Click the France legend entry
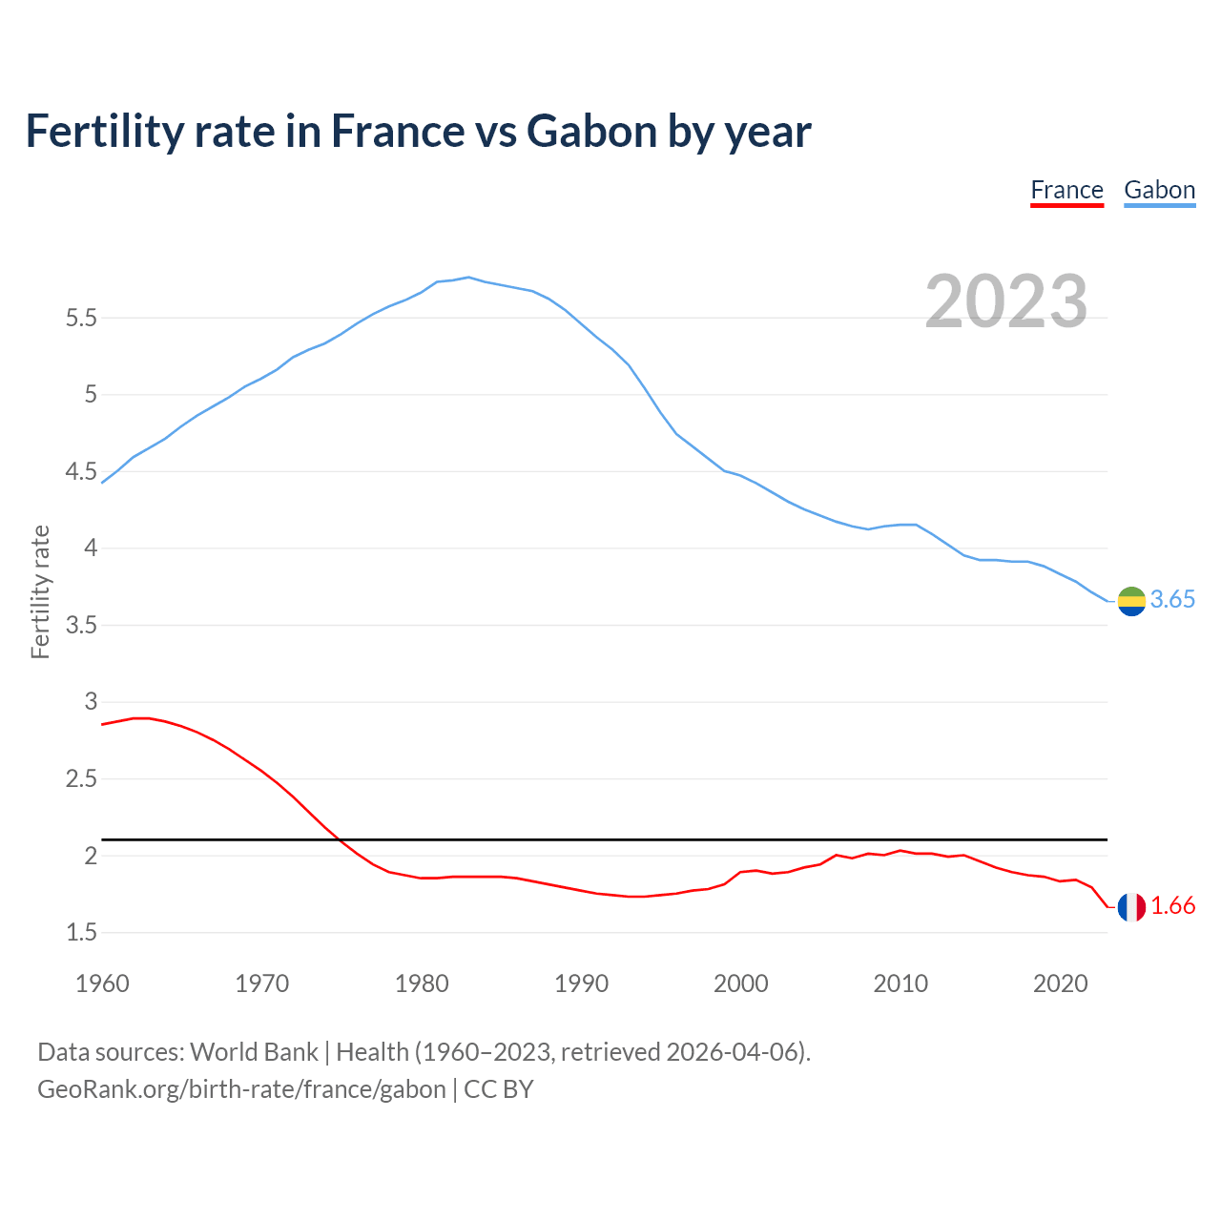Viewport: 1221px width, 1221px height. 1066,190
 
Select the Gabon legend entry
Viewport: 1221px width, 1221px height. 1159,190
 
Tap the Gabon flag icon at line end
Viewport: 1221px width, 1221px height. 1131,601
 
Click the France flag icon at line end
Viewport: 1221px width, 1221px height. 1131,907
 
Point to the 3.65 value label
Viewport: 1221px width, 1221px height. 1172,599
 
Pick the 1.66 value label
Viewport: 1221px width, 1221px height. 1172,906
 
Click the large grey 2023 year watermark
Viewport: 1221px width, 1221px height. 1005,301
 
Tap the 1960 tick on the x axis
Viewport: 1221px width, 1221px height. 102,983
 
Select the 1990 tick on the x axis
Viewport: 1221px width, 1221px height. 581,983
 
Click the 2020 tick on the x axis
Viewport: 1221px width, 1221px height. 1060,983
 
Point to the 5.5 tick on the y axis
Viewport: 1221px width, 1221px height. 82,318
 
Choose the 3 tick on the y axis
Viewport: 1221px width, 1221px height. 92,702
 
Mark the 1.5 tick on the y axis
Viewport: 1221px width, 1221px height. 82,932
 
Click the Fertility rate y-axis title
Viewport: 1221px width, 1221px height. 40,591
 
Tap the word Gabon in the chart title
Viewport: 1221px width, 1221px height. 591,131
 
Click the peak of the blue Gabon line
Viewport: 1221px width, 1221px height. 468,277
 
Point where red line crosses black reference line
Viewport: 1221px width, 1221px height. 340,839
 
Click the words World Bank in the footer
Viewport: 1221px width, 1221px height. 254,1051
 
